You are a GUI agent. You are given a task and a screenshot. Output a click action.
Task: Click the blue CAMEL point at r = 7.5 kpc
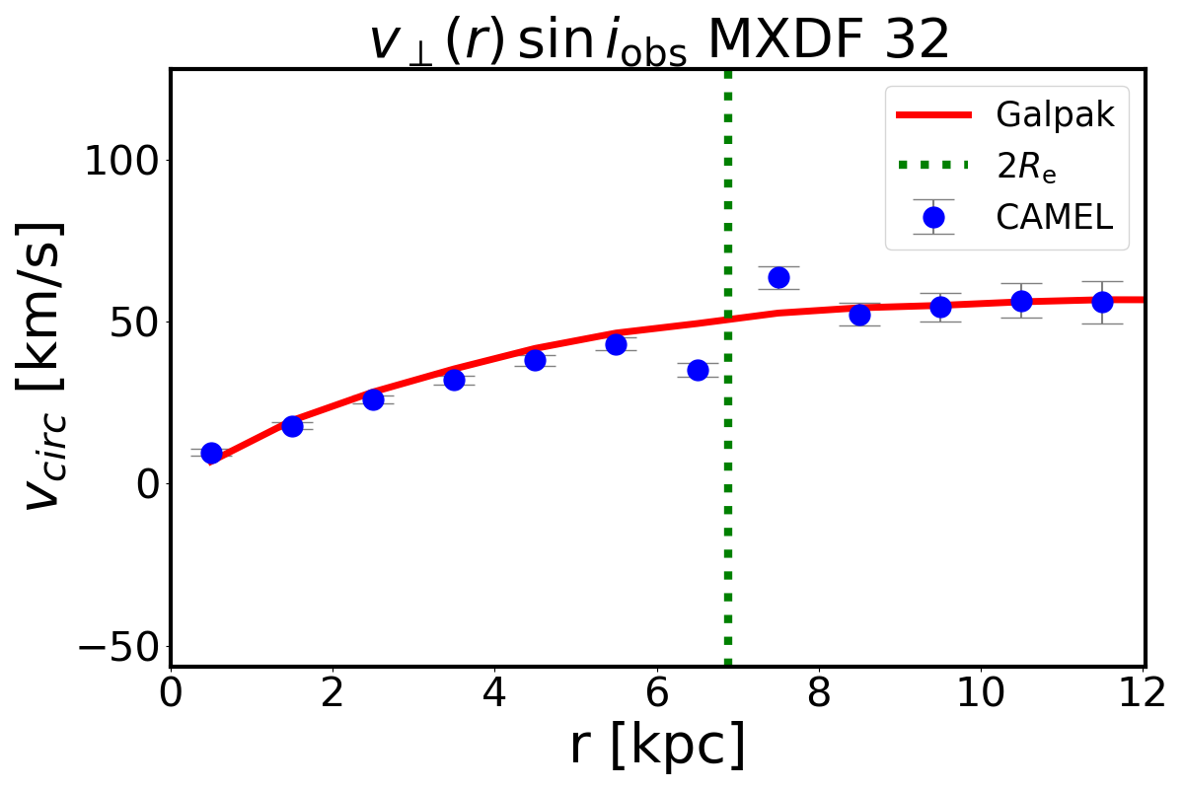tap(778, 277)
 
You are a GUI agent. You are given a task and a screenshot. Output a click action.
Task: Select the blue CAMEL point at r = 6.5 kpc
tap(698, 370)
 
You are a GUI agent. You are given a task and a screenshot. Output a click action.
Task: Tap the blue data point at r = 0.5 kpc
tap(211, 453)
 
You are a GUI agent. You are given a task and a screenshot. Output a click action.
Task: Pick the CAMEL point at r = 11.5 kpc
tap(1102, 302)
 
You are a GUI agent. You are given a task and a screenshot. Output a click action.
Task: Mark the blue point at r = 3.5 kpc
tap(454, 380)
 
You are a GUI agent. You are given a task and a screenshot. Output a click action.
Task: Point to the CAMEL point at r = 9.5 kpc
tap(940, 307)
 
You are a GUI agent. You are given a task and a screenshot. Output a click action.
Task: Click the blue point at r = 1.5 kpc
tap(292, 426)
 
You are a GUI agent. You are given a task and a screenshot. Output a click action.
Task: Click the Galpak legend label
tap(1055, 115)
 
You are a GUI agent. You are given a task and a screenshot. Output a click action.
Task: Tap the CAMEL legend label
tap(1055, 217)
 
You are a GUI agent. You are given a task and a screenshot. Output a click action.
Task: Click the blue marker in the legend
tap(933, 217)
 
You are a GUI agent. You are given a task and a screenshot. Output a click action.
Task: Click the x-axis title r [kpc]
tap(657, 747)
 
